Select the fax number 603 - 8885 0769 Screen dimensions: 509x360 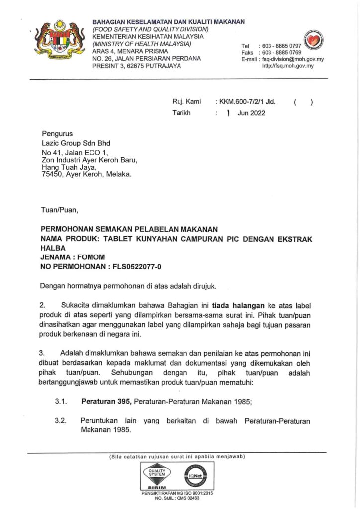coord(280,53)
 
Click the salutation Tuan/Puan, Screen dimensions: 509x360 coord(59,209)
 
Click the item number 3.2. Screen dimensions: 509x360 coord(61,420)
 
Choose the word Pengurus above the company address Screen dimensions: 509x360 coord(57,133)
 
